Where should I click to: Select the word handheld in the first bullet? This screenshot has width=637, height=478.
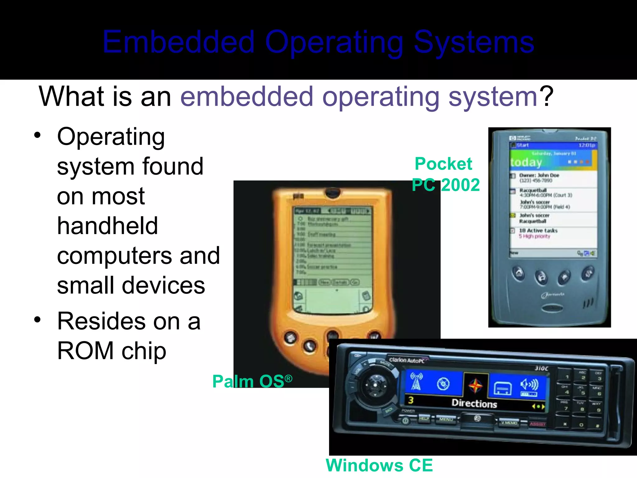(107, 226)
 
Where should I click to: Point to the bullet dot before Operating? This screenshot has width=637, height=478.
(38, 136)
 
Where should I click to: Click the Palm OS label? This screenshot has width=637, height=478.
(252, 381)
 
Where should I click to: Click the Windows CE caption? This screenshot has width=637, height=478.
(379, 466)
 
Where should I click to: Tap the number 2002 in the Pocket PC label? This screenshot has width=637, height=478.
(460, 185)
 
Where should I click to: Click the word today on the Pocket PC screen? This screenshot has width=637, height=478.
(526, 162)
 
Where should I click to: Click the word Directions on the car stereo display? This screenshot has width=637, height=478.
(474, 403)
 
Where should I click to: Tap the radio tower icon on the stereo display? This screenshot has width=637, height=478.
(416, 381)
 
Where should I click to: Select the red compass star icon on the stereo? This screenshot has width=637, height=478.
(475, 386)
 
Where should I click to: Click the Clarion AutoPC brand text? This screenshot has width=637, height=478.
(407, 360)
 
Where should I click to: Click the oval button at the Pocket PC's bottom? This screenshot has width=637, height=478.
(551, 309)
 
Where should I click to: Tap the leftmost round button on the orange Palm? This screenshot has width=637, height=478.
(290, 337)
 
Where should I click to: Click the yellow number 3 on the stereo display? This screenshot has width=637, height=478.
(411, 400)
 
